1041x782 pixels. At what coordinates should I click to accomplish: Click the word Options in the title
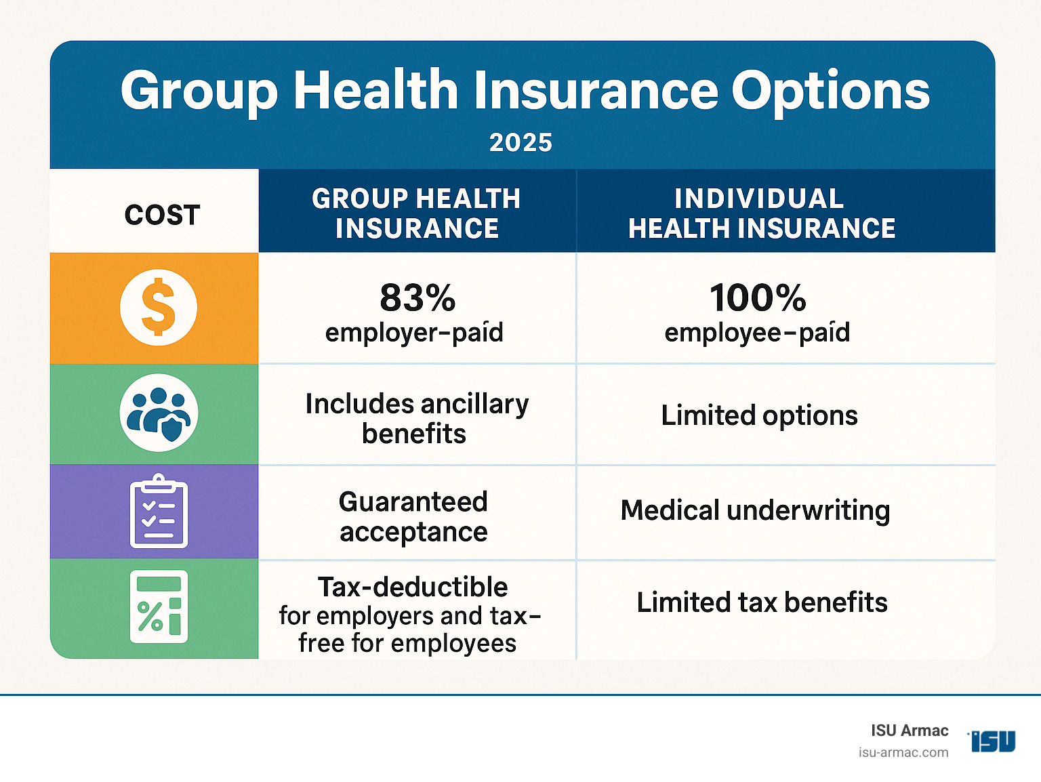pyautogui.click(x=830, y=91)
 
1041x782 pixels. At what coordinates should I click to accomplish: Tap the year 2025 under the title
pyautogui.click(x=520, y=142)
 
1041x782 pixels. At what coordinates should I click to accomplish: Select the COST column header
pyautogui.click(x=162, y=215)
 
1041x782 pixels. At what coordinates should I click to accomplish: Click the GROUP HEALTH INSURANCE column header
pyautogui.click(x=416, y=213)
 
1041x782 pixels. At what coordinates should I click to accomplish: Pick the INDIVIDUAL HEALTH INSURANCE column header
pyautogui.click(x=761, y=213)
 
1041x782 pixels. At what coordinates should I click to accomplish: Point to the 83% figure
pyautogui.click(x=417, y=297)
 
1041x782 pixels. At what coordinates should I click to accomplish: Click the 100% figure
pyautogui.click(x=758, y=297)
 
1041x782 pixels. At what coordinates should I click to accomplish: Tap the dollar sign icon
pyautogui.click(x=159, y=308)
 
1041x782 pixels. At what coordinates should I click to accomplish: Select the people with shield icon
pyautogui.click(x=159, y=413)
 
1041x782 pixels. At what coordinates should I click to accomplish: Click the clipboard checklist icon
pyautogui.click(x=159, y=512)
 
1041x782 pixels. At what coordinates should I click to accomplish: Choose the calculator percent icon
pyautogui.click(x=159, y=606)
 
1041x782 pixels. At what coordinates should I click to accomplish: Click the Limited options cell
pyautogui.click(x=759, y=415)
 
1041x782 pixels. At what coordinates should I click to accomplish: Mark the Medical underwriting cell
pyautogui.click(x=755, y=511)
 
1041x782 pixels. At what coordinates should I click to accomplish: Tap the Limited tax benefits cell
pyautogui.click(x=762, y=602)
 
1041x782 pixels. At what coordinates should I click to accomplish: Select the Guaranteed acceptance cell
pyautogui.click(x=413, y=516)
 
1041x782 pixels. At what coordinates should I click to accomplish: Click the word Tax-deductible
pyautogui.click(x=413, y=587)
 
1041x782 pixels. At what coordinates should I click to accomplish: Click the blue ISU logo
pyautogui.click(x=993, y=741)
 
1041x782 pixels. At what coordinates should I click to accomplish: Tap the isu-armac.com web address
pyautogui.click(x=903, y=753)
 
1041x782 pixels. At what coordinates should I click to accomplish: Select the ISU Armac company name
pyautogui.click(x=910, y=730)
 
